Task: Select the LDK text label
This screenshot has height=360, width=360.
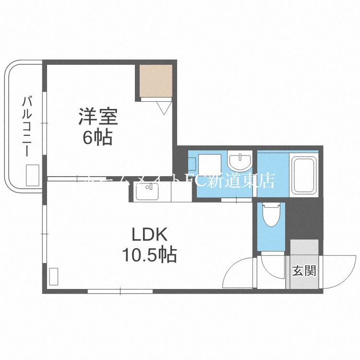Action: pos(149,235)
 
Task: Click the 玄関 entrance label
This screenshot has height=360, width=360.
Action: pos(304,271)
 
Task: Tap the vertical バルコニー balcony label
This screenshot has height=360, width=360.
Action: pos(27,126)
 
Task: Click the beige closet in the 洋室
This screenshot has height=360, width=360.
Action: pos(156,81)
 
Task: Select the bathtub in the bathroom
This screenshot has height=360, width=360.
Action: pos(304,174)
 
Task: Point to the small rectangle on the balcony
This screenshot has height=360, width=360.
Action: pos(32,175)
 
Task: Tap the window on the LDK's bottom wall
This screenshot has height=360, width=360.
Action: pos(120,291)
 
